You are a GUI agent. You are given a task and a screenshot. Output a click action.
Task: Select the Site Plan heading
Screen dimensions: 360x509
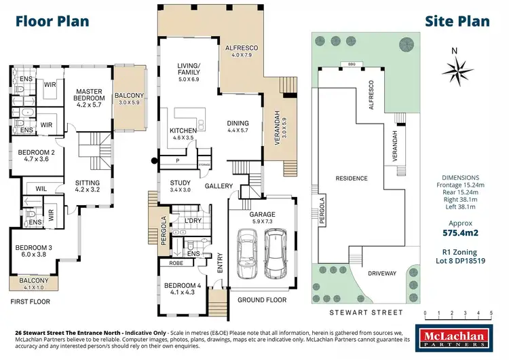pyautogui.click(x=457, y=20)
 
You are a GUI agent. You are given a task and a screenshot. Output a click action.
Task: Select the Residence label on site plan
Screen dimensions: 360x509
pyautogui.click(x=352, y=179)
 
